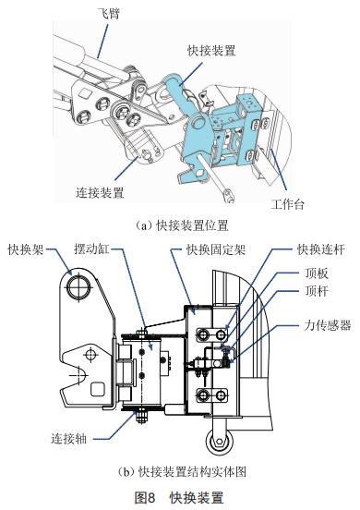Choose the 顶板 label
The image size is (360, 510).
(318, 274)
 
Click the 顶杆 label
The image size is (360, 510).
(318, 295)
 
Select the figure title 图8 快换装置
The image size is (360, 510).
(180, 497)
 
